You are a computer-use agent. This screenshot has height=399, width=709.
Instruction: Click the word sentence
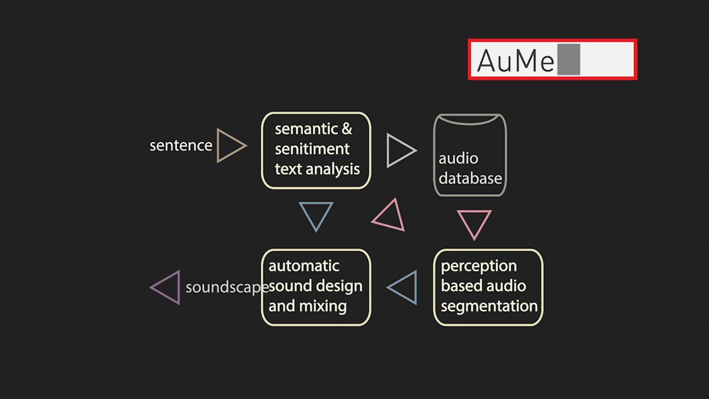tap(181, 145)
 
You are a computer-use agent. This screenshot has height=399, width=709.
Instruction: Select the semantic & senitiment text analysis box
tap(316, 150)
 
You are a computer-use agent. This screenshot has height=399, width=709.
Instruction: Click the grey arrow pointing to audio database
tap(400, 150)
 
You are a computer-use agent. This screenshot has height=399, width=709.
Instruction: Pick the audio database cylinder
tap(470, 155)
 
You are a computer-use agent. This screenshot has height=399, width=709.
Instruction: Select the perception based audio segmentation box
tap(488, 287)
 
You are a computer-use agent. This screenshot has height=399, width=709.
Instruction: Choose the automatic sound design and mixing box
tap(316, 287)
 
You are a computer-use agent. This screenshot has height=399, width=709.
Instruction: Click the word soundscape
tap(227, 287)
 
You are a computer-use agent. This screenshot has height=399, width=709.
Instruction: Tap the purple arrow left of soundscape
tap(167, 287)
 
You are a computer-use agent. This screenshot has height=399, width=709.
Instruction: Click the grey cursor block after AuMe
tap(569, 59)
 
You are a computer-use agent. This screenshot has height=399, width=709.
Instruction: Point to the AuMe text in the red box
tap(516, 60)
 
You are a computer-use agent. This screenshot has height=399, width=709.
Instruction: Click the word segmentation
tap(489, 306)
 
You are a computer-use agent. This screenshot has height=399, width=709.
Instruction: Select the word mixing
tap(323, 306)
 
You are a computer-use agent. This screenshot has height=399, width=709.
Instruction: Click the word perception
tap(479, 266)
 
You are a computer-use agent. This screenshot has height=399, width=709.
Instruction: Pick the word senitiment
tap(312, 149)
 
